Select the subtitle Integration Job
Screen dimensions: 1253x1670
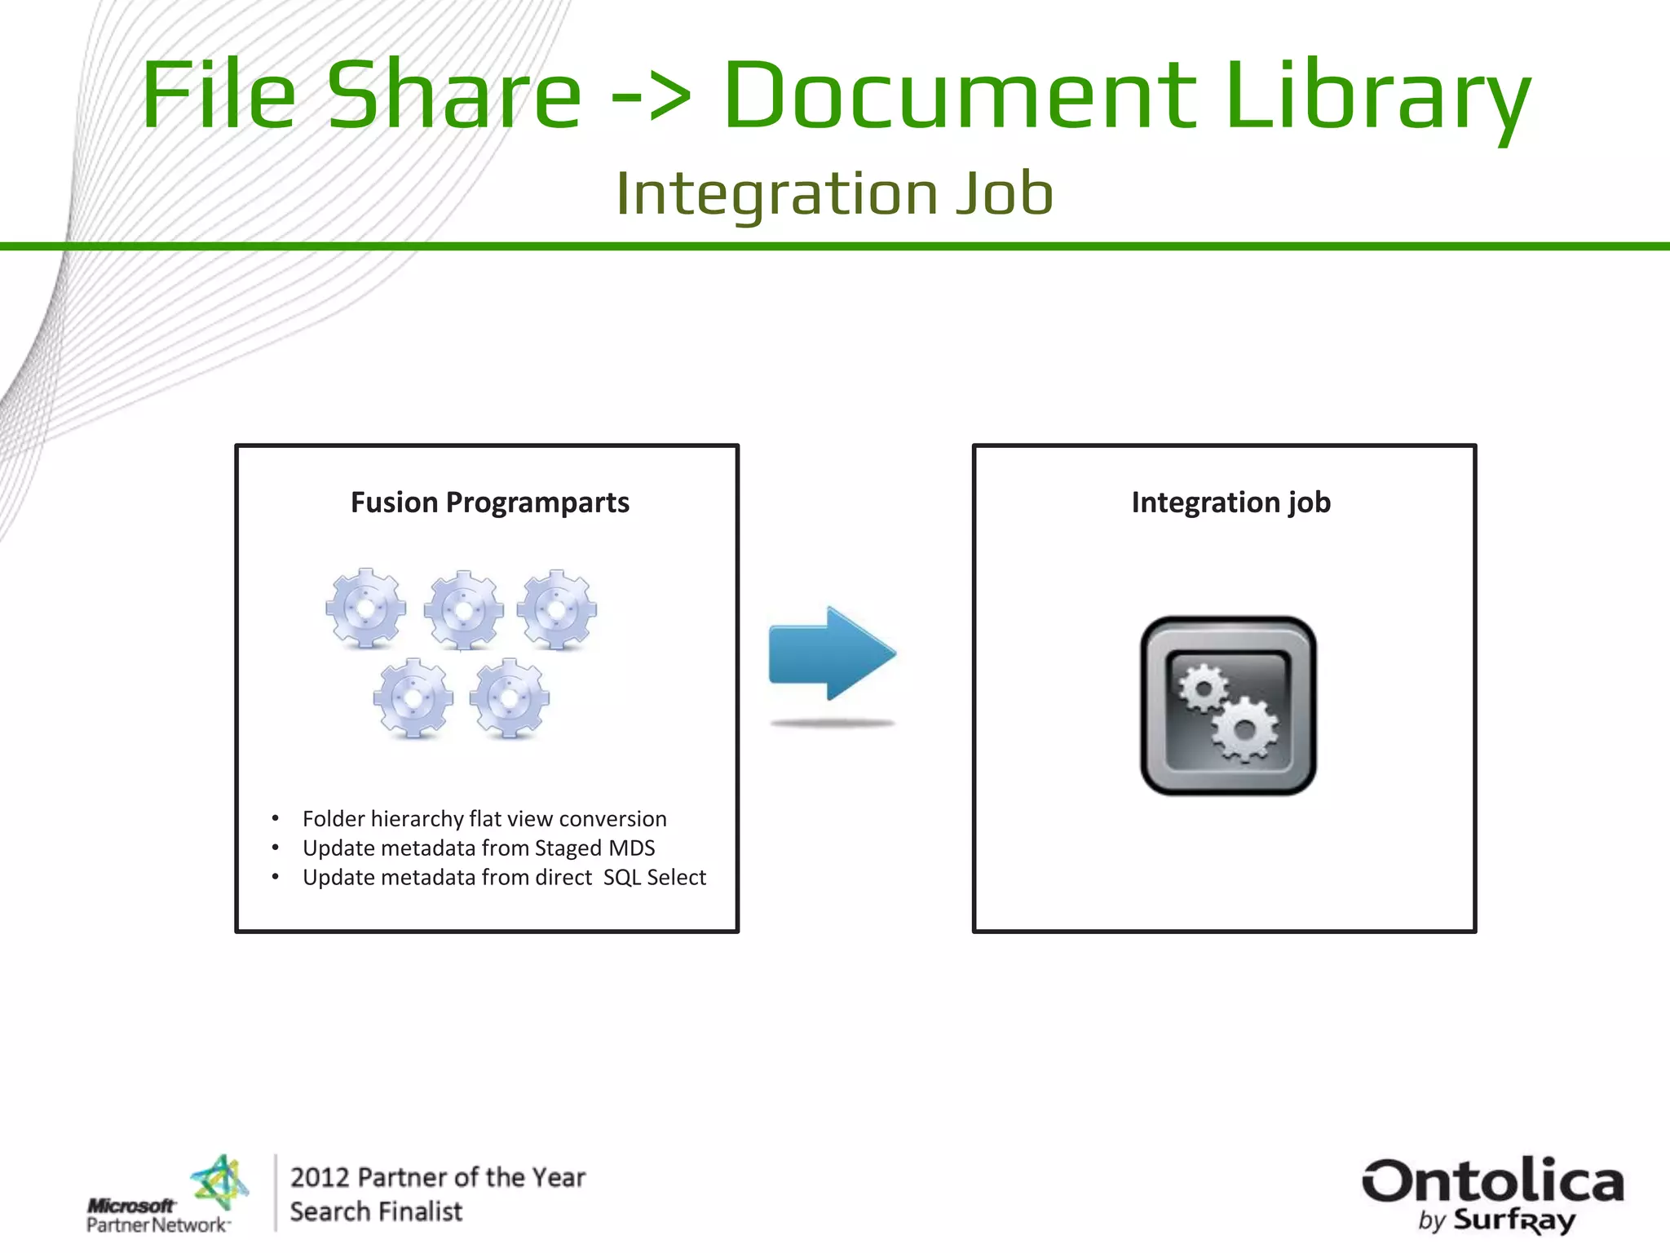(834, 194)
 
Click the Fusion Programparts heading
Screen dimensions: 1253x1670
(489, 503)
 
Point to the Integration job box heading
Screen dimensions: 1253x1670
(1230, 503)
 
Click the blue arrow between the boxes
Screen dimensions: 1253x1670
(832, 653)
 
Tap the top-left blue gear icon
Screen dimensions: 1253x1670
(365, 609)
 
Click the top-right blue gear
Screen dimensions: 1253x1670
(558, 609)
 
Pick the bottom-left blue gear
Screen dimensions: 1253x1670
(413, 698)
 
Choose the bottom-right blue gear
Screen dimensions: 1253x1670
(510, 698)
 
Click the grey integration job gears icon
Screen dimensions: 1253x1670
(1228, 706)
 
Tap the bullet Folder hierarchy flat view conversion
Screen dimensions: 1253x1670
(484, 819)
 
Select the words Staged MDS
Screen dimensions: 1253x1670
(594, 848)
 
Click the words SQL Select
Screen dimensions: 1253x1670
(654, 878)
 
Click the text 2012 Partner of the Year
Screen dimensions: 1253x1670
(438, 1177)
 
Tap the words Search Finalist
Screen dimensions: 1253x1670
(376, 1212)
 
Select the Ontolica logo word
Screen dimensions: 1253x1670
(1492, 1181)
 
